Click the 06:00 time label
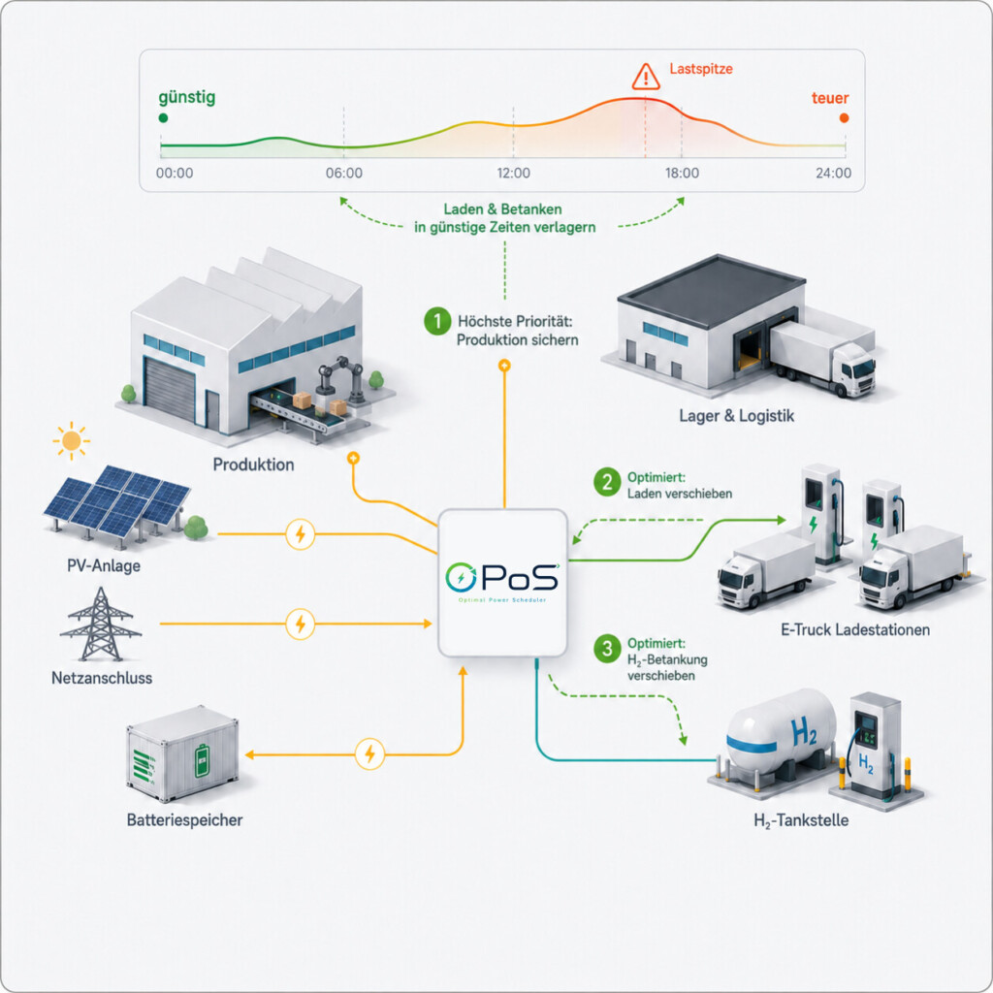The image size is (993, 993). coord(344,173)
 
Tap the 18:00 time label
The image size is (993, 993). coord(682,173)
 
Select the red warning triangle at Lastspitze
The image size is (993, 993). coord(645,77)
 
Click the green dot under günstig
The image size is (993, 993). coord(163,117)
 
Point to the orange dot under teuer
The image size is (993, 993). coord(844,117)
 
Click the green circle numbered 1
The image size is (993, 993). coord(437,321)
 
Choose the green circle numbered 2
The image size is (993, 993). coord(607,482)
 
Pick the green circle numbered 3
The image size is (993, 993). coord(607,649)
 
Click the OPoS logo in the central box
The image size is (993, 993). coord(502,578)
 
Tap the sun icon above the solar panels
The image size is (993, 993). coord(71,440)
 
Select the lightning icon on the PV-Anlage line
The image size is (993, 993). coord(301,534)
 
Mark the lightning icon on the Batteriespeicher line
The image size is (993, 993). coord(369,754)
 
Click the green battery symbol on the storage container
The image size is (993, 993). coord(202,760)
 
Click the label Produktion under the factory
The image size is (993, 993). coord(253,464)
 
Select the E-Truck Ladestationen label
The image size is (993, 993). coord(855,629)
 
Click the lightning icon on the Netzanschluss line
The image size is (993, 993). coord(301,625)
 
